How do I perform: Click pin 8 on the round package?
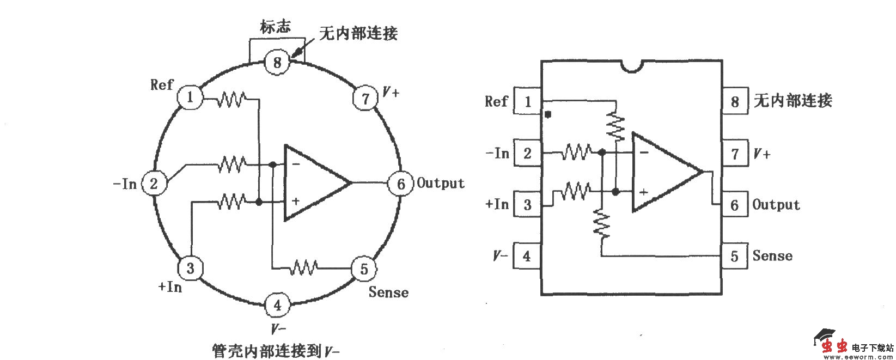pyautogui.click(x=277, y=62)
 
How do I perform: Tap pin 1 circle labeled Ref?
pyautogui.click(x=190, y=97)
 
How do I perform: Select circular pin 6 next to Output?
pyautogui.click(x=400, y=184)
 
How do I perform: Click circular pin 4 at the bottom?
pyautogui.click(x=277, y=305)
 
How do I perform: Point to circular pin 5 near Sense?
pyautogui.click(x=364, y=269)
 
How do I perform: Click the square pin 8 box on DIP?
pyautogui.click(x=735, y=101)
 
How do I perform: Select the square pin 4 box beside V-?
pyautogui.click(x=526, y=256)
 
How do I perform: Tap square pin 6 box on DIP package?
pyautogui.click(x=735, y=205)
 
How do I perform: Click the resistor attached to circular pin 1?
pyautogui.click(x=231, y=100)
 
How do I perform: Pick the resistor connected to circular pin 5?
pyautogui.click(x=304, y=267)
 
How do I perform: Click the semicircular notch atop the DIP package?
pyautogui.click(x=631, y=66)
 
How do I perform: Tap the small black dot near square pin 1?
pyautogui.click(x=548, y=115)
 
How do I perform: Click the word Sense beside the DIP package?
pyautogui.click(x=772, y=255)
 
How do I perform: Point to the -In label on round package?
pyautogui.click(x=125, y=184)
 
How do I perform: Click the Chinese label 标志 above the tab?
pyautogui.click(x=276, y=27)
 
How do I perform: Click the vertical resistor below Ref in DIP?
pyautogui.click(x=615, y=126)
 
